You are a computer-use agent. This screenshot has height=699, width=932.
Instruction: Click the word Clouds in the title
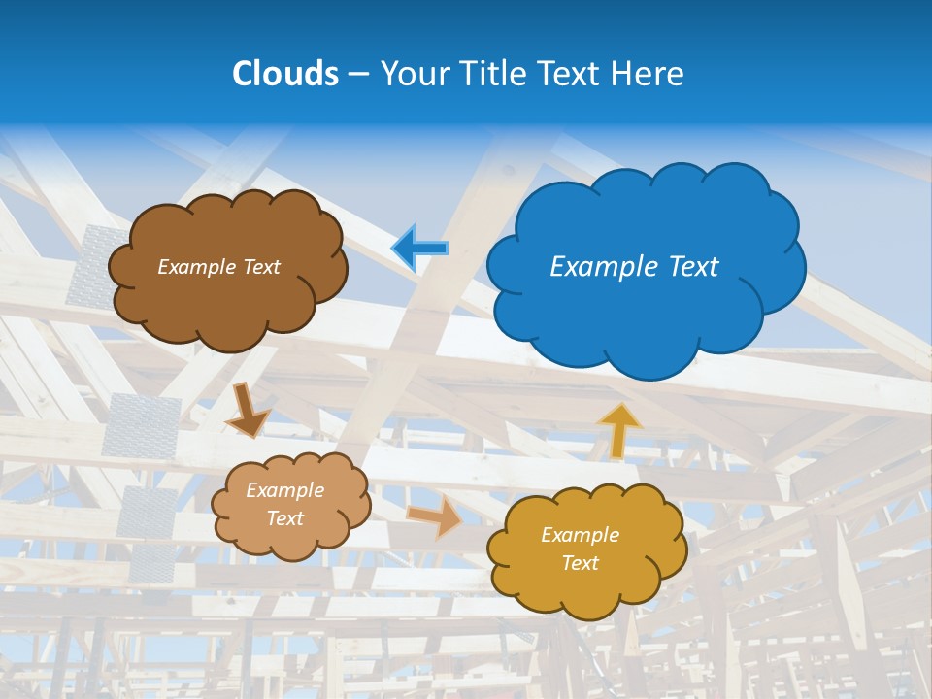point(285,74)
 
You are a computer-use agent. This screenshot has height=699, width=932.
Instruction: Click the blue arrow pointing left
point(419,248)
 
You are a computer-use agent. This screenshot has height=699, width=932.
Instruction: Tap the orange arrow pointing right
point(434,516)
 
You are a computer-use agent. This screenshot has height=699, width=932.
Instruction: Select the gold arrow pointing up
point(618,430)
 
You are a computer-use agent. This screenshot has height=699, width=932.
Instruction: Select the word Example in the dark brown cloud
point(197,267)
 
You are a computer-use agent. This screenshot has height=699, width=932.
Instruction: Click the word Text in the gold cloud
point(580,563)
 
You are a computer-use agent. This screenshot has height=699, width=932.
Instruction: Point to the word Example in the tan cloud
point(284,490)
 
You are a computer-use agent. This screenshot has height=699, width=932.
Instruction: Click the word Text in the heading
point(575,74)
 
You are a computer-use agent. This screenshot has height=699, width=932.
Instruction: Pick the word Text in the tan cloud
point(284,518)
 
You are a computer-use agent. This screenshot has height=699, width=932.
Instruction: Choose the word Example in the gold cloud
point(580,535)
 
